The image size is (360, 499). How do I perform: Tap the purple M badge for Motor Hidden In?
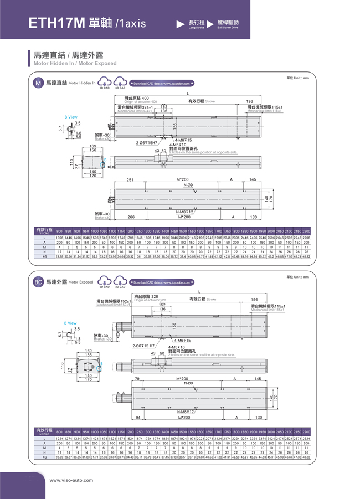38,84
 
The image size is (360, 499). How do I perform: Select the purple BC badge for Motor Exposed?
38,282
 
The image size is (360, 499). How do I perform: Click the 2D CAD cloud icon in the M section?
104,83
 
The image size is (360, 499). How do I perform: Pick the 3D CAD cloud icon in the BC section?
120,282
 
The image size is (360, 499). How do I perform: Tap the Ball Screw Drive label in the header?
228,23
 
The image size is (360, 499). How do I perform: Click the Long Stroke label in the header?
197,23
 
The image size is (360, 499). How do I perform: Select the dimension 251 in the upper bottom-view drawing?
131,180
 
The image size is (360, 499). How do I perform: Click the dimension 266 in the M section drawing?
131,217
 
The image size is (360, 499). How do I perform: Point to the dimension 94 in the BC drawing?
138,417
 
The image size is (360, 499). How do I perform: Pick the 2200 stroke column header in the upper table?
306,230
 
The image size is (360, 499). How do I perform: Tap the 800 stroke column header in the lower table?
59,431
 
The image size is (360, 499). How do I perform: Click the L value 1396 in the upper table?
59,238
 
